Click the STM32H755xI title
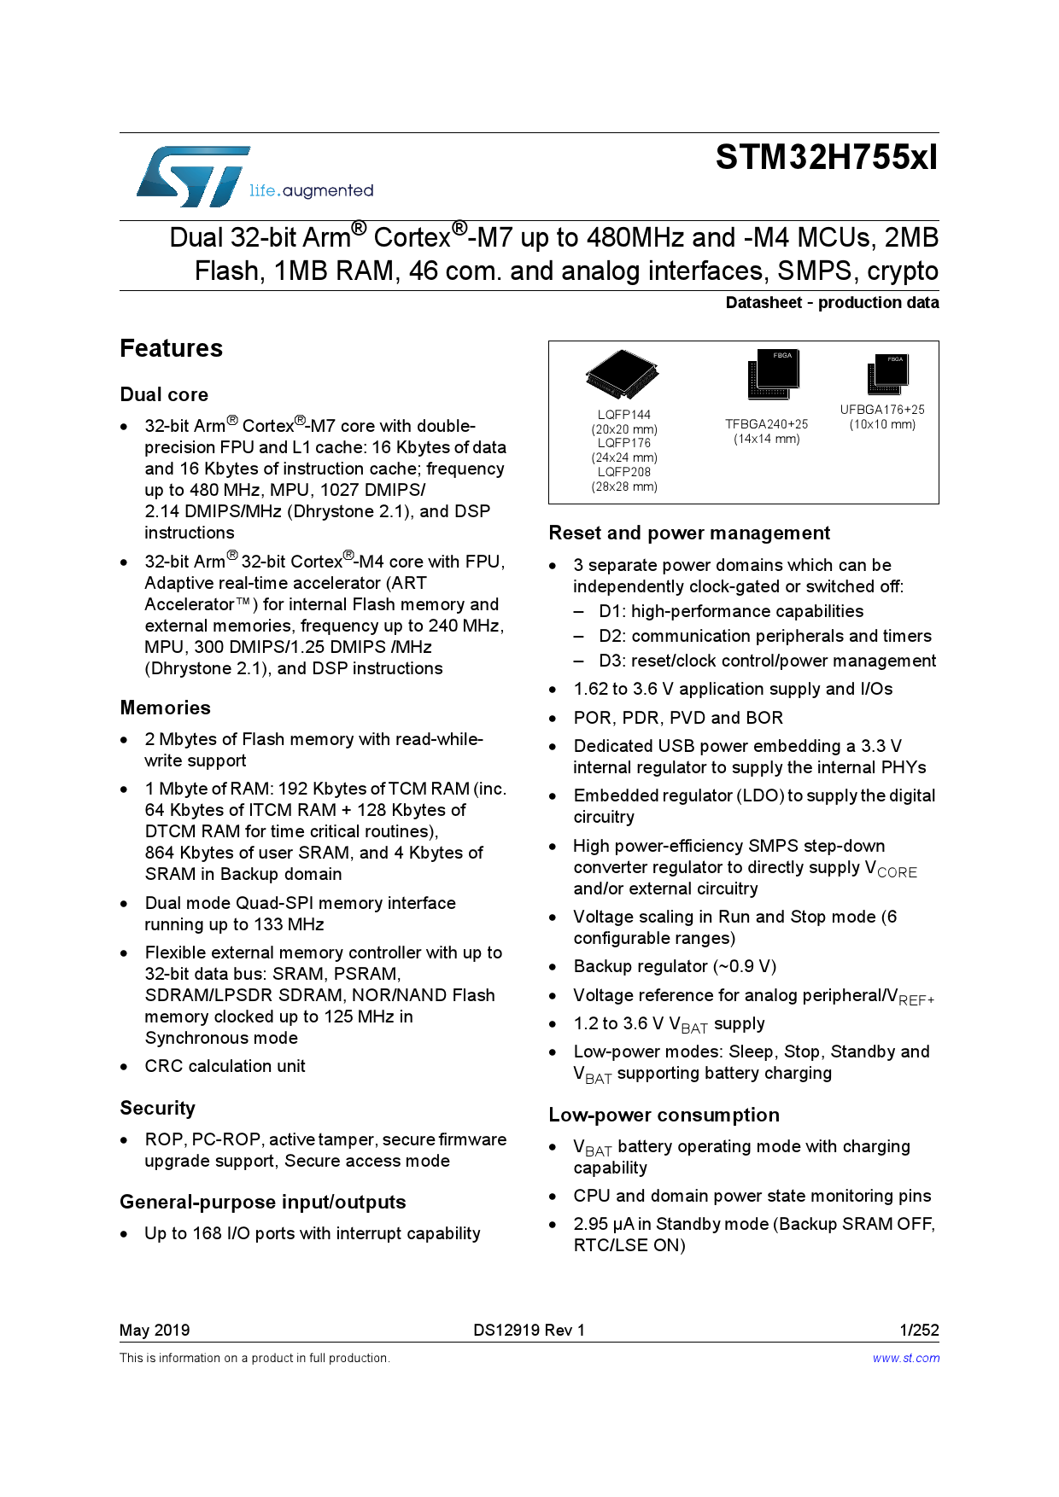826,158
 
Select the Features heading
171,348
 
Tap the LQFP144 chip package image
623,374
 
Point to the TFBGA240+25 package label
766,424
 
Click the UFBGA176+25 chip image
889,374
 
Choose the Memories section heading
165,708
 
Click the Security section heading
157,1108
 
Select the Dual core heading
164,394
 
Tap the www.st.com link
905,1358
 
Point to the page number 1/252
919,1330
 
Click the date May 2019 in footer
155,1330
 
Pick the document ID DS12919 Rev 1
529,1330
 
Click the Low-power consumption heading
664,1115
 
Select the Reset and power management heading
689,533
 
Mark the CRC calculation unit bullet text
225,1066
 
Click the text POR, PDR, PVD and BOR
678,718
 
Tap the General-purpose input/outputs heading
262,1202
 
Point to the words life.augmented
311,190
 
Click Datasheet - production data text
832,302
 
